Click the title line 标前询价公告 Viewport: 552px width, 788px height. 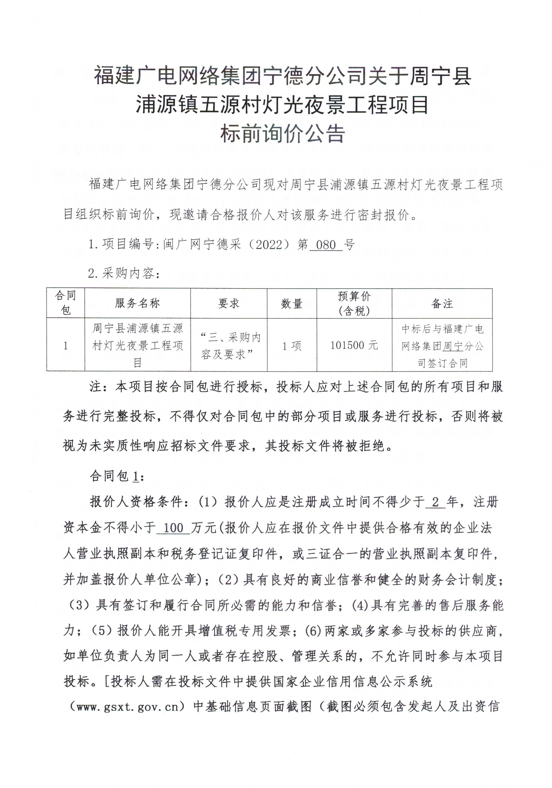282,134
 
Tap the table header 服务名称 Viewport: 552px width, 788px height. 137,303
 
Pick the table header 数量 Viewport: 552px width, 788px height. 292,303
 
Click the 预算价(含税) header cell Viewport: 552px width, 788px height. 354,303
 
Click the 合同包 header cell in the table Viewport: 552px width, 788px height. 66,303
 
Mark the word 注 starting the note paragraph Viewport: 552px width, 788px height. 96,387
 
